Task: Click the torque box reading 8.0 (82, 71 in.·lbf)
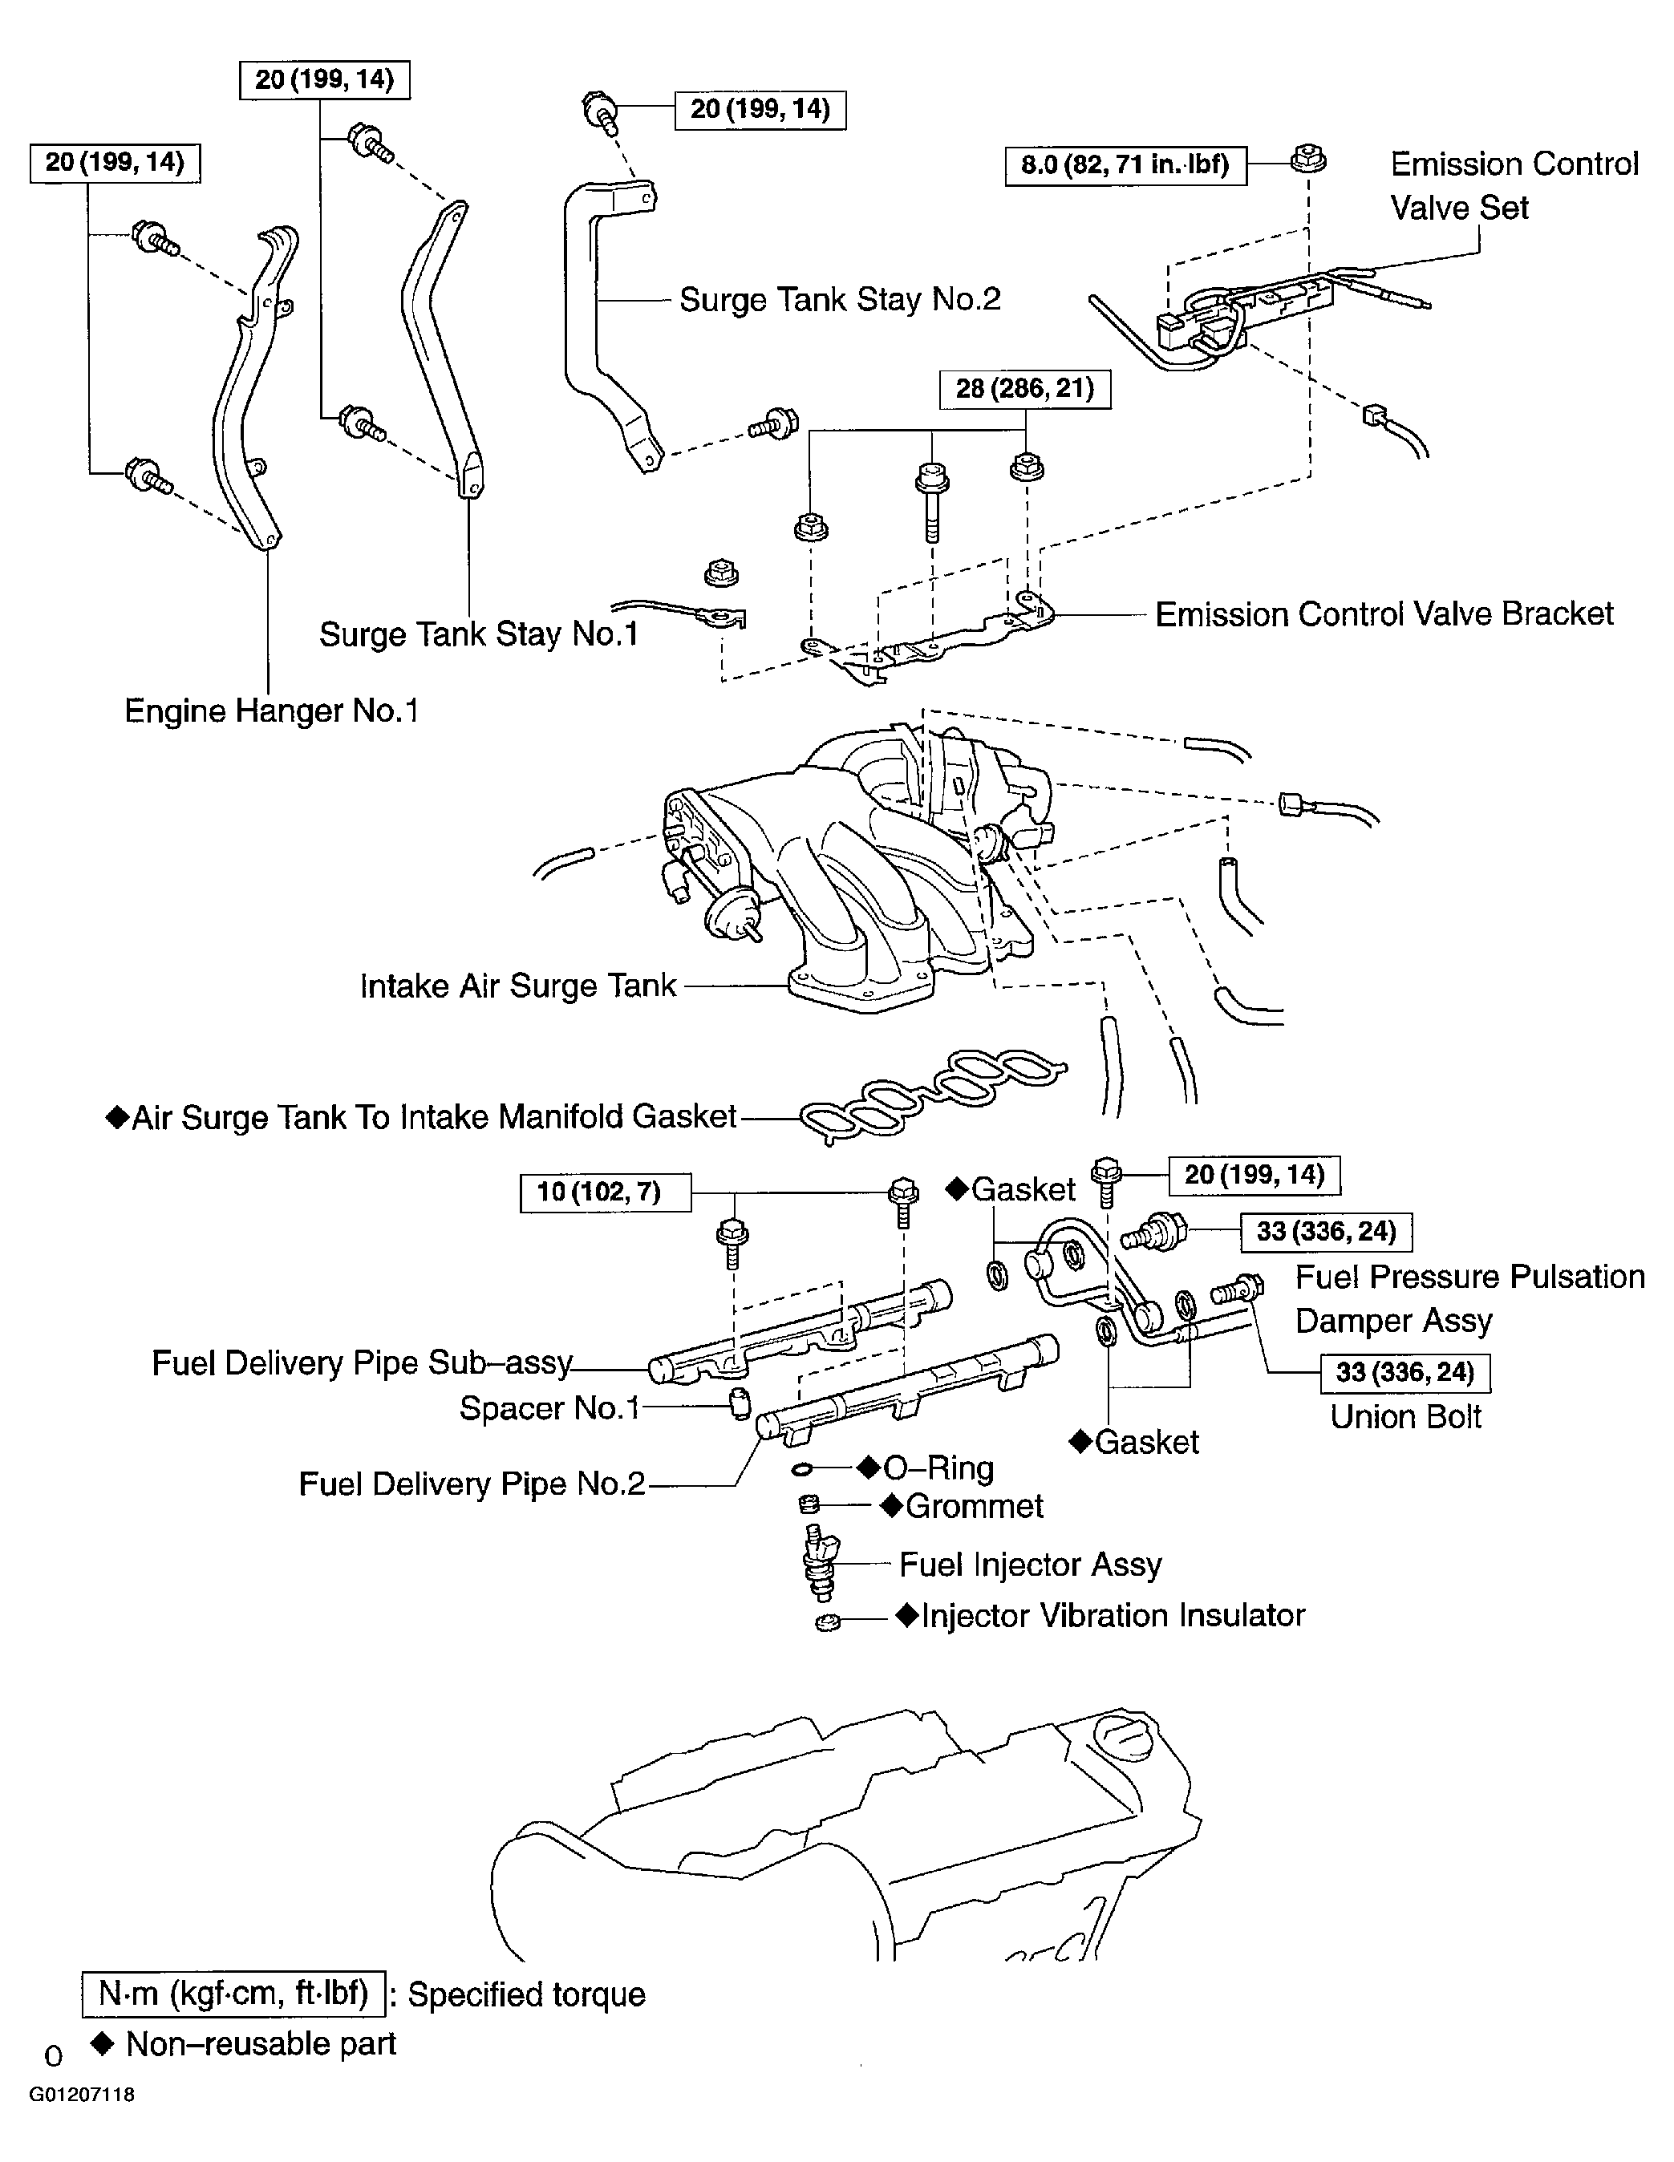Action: pos(1125,164)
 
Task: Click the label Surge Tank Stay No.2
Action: pos(840,299)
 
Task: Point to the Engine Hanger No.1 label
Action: pos(271,711)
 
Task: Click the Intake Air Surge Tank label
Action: pos(517,986)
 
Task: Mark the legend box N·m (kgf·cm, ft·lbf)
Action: pos(233,1994)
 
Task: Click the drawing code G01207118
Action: pos(81,2095)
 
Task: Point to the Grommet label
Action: pos(973,1506)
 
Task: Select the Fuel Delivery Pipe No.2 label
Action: pos(471,1483)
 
